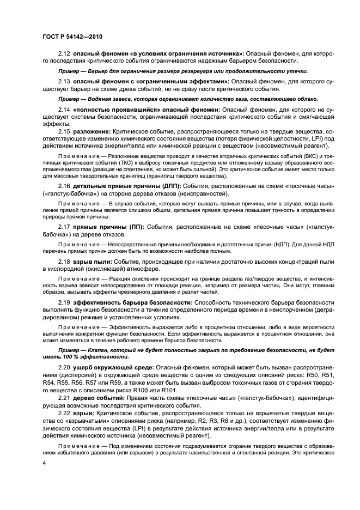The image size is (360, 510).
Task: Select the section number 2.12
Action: click(65, 53)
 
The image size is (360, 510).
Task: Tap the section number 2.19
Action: click(65, 301)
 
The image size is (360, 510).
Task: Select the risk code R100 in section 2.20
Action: click(157, 390)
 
